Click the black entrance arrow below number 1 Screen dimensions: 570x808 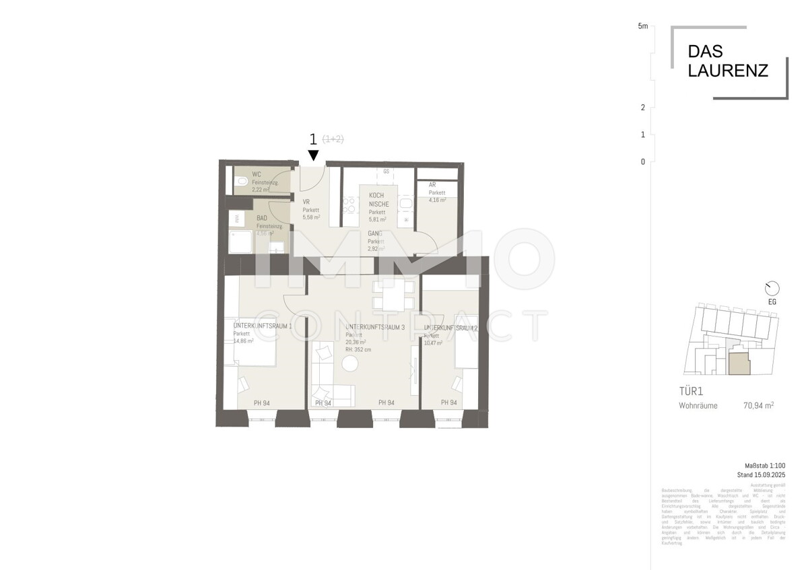point(314,155)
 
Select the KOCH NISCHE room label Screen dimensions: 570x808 point(376,200)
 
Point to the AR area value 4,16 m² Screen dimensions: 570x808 point(437,200)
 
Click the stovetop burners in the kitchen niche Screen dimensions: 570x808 point(349,205)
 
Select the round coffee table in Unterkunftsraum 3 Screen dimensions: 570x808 point(351,364)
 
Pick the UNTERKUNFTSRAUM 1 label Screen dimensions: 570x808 point(262,326)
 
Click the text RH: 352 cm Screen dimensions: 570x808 point(358,350)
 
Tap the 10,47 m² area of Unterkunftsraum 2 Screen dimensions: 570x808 point(433,343)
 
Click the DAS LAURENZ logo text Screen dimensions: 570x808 point(727,61)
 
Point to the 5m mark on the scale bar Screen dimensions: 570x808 point(642,27)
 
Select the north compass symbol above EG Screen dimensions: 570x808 point(772,289)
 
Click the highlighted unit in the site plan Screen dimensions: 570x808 point(738,364)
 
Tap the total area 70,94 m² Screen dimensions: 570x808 point(758,406)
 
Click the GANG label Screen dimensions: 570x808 point(374,234)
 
